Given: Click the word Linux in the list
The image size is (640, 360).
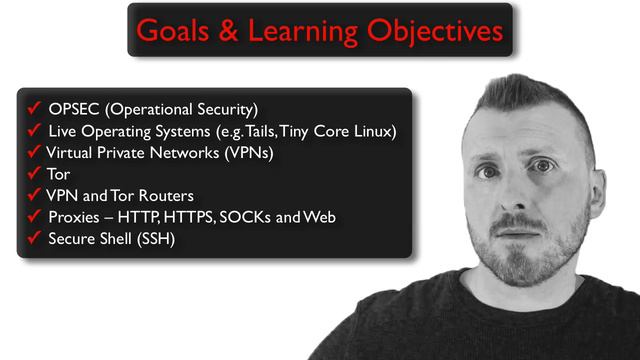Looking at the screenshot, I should coord(374,130).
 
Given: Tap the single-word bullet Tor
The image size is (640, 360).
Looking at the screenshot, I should coord(59,174).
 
